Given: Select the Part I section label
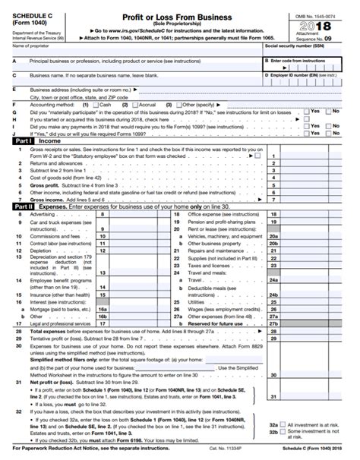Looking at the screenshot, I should (x=21, y=140).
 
